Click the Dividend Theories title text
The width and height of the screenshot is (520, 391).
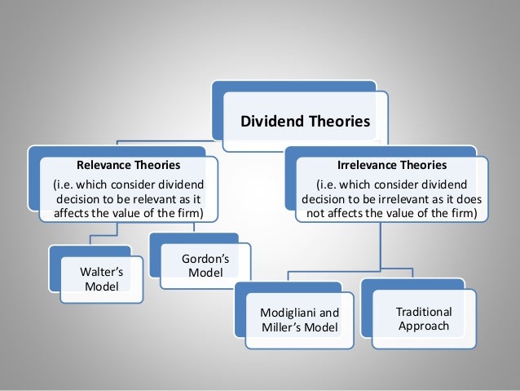click(305, 122)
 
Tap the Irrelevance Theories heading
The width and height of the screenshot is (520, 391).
click(387, 162)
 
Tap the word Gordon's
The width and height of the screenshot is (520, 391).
click(200, 258)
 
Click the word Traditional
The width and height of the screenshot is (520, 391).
click(423, 312)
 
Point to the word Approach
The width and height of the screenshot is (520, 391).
click(423, 327)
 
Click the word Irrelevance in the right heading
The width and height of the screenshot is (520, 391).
click(365, 162)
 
